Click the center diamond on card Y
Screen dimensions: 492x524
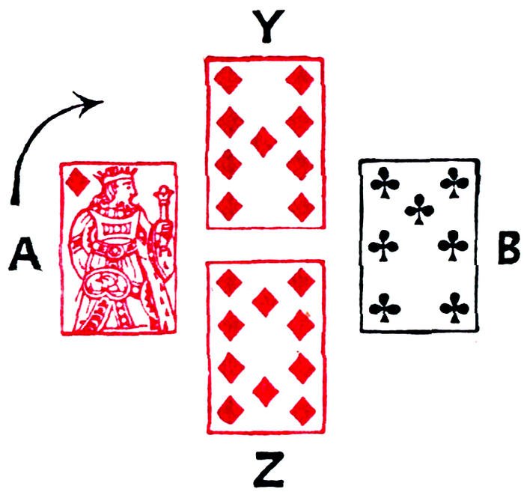click(x=262, y=141)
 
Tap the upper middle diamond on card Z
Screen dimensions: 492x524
click(x=265, y=302)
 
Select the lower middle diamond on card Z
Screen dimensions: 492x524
click(x=265, y=389)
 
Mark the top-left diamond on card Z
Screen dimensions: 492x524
click(x=229, y=282)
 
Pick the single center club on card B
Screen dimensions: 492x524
click(x=418, y=210)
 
